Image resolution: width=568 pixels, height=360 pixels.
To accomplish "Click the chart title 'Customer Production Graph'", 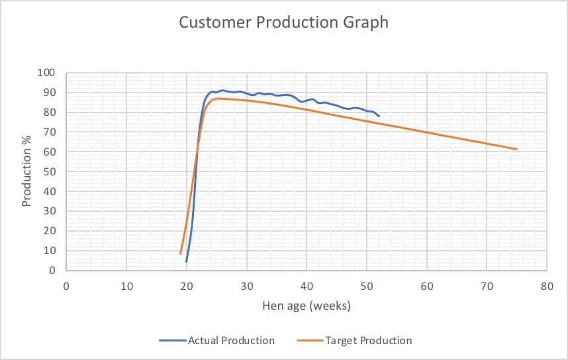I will tap(283, 22).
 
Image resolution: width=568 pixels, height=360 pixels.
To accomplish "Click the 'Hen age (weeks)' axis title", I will tap(306, 306).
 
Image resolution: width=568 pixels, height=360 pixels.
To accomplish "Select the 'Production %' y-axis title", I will tap(27, 172).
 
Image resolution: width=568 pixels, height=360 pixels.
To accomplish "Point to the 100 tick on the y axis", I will tap(50, 73).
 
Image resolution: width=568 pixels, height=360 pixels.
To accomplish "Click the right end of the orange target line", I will tap(516, 149).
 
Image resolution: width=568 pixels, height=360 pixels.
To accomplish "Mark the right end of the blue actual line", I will tap(379, 116).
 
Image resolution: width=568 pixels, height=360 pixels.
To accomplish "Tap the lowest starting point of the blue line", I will tap(187, 261).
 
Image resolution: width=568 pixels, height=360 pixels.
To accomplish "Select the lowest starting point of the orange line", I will tap(181, 253).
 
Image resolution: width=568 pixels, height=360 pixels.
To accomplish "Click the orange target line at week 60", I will tap(427, 132).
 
